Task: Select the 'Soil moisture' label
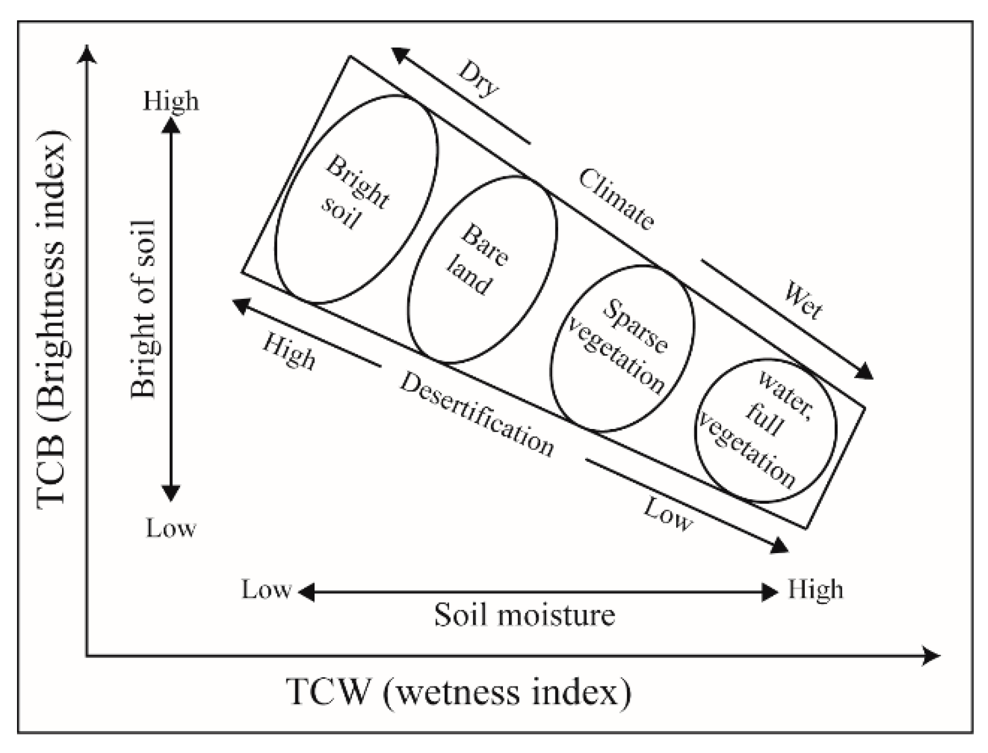point(524,614)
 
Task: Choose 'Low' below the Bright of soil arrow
point(171,528)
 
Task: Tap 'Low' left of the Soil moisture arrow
point(266,590)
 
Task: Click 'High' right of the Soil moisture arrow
point(815,590)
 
